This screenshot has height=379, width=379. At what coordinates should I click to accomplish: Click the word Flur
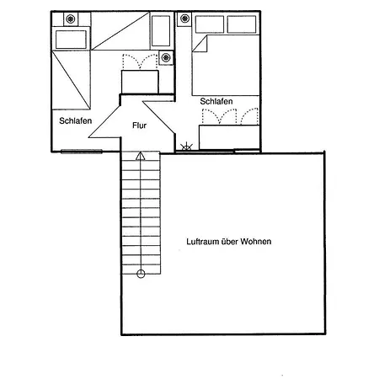[x=139, y=125]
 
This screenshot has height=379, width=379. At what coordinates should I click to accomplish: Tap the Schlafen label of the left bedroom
[x=76, y=120]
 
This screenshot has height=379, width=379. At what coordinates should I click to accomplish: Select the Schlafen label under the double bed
[x=216, y=101]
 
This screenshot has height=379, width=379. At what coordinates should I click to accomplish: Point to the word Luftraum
[x=202, y=242]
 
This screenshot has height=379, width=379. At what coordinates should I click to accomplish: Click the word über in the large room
[x=230, y=242]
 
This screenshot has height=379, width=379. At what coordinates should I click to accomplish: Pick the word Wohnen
[x=256, y=242]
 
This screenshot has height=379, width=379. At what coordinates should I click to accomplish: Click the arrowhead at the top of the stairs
[x=141, y=156]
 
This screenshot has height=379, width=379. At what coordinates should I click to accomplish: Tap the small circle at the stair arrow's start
[x=141, y=274]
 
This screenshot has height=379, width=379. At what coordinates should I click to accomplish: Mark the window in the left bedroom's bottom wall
[x=82, y=152]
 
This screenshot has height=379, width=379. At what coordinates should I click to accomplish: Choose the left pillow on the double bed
[x=210, y=24]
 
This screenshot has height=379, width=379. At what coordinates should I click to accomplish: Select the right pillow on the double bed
[x=242, y=24]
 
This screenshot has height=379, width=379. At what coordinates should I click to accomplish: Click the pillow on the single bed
[x=71, y=40]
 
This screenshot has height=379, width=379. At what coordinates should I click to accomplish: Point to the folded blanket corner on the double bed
[x=200, y=44]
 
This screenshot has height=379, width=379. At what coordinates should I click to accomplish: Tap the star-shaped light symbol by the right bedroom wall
[x=186, y=147]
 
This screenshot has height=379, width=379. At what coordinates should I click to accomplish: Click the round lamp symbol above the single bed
[x=71, y=19]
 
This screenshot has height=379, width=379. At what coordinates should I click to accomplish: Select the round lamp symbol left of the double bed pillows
[x=184, y=19]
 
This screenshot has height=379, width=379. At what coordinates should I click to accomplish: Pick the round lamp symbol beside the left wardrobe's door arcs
[x=166, y=58]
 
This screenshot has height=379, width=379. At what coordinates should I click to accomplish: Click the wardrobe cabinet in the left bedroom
[x=140, y=82]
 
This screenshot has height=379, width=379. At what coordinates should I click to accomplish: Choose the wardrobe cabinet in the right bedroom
[x=229, y=137]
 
